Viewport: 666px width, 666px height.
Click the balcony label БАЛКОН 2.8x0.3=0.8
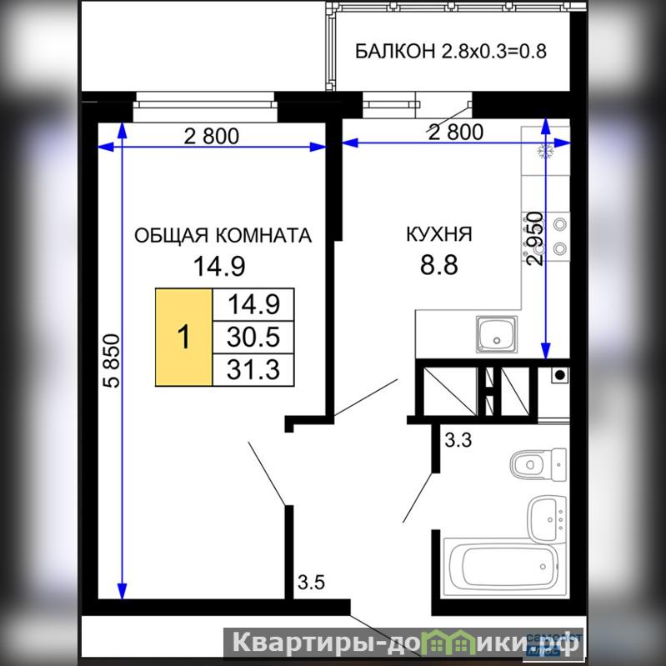[x=450, y=51]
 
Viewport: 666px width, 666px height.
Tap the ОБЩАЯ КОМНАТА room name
[x=223, y=235]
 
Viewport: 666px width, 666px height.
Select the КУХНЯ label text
[x=439, y=234]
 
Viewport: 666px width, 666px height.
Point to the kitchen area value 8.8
[x=439, y=265]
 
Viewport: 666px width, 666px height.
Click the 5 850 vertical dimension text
[x=112, y=361]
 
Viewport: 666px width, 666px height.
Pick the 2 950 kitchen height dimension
[x=534, y=238]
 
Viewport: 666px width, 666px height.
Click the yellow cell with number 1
[x=183, y=338]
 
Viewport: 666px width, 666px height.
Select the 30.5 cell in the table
[x=253, y=338]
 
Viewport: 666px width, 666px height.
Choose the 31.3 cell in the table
[x=253, y=369]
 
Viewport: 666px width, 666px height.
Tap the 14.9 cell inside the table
[x=253, y=305]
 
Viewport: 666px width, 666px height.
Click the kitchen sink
[x=497, y=334]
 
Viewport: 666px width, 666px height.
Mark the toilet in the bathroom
[x=538, y=464]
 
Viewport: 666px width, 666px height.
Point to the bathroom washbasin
[x=547, y=519]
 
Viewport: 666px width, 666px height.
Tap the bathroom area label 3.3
[x=458, y=440]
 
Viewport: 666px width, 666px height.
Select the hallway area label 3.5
[x=312, y=582]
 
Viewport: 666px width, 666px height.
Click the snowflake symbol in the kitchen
[x=543, y=151]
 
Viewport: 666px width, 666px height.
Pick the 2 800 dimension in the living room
[x=211, y=137]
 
